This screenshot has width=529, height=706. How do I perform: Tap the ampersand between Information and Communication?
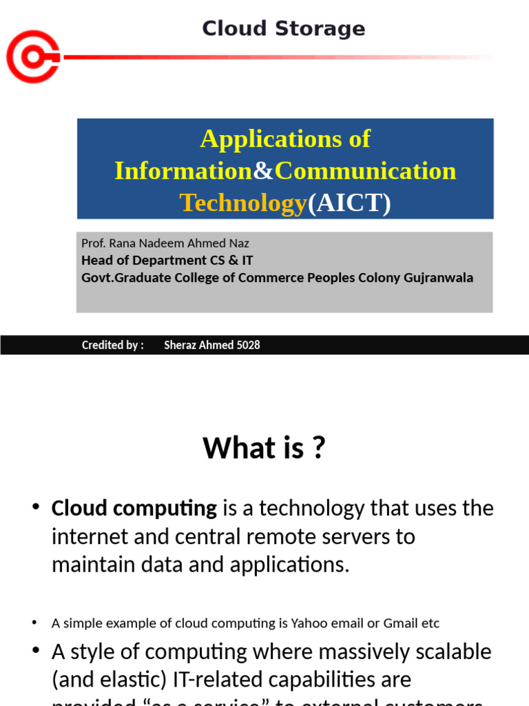(264, 171)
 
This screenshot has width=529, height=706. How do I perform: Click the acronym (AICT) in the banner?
(349, 203)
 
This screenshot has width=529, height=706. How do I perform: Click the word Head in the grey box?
(96, 261)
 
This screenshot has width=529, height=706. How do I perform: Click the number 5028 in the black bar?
(247, 345)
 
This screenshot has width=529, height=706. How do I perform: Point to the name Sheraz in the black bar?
(180, 345)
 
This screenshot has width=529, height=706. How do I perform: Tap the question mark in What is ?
(318, 449)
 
